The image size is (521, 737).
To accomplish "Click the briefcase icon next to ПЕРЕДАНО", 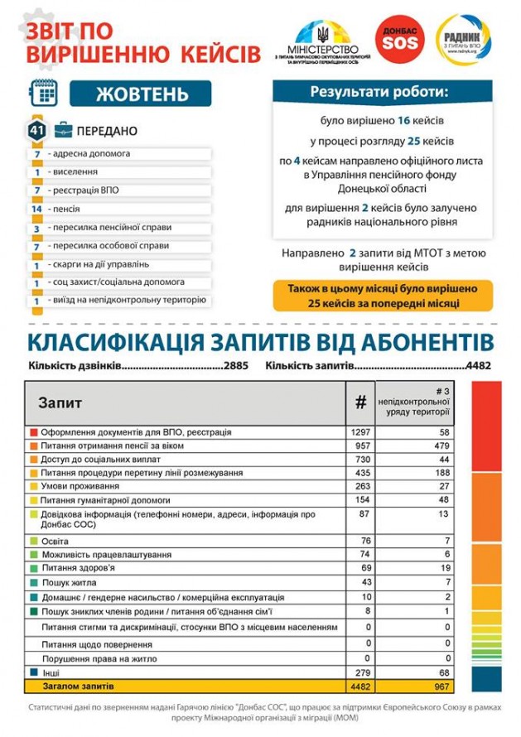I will (x=62, y=131).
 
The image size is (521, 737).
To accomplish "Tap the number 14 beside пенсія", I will (x=36, y=209).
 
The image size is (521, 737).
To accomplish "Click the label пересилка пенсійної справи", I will (x=110, y=227).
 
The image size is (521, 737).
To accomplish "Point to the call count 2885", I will (x=234, y=365).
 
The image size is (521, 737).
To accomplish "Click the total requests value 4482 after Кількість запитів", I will (x=479, y=365).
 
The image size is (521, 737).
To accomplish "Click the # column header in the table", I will (x=360, y=402).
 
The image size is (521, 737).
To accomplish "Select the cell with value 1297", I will (x=360, y=432).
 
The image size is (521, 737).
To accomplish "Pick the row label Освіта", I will (x=55, y=541).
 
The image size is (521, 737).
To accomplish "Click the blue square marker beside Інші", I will (x=33, y=672).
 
